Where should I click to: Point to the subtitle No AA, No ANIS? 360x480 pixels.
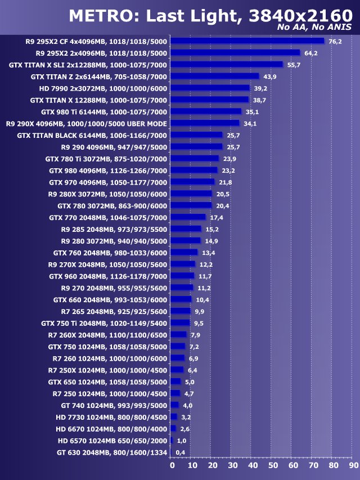click(x=316, y=27)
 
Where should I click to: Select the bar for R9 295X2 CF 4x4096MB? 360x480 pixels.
click(x=247, y=41)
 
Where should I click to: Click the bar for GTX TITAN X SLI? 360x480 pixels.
click(x=227, y=64)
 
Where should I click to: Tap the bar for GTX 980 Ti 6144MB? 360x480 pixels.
click(x=206, y=111)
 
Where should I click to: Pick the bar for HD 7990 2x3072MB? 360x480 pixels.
click(x=210, y=88)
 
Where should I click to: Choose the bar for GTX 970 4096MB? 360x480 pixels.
click(x=192, y=182)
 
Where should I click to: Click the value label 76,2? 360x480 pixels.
click(x=335, y=41)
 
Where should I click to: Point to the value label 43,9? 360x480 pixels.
click(x=269, y=77)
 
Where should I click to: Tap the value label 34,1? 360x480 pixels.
click(x=250, y=124)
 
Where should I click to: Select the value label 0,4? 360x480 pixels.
click(x=181, y=452)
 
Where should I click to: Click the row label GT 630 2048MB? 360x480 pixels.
click(x=112, y=452)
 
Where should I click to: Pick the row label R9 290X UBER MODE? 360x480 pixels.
click(x=87, y=123)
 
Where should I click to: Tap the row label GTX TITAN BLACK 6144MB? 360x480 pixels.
click(x=92, y=135)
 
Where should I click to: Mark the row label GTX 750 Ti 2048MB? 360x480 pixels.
click(x=104, y=323)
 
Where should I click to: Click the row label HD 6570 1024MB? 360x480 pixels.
click(x=112, y=441)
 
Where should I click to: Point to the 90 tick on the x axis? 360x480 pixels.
click(x=352, y=465)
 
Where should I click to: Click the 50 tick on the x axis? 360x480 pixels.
click(x=273, y=465)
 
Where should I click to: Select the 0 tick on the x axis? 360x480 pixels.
click(x=173, y=465)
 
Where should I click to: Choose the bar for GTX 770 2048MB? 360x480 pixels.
click(x=188, y=217)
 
